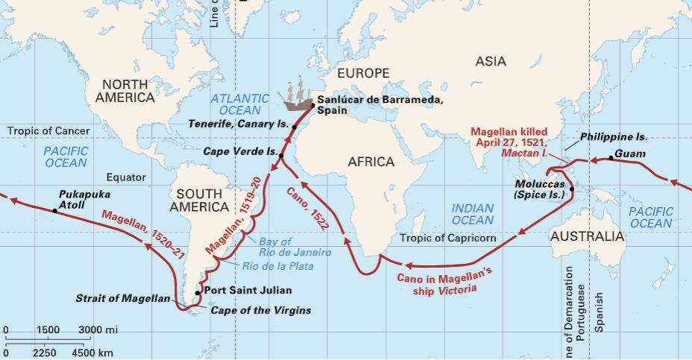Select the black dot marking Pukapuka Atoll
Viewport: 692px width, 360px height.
(x=54, y=211)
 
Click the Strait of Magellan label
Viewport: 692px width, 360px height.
(x=123, y=299)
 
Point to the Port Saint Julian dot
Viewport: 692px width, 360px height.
(x=198, y=292)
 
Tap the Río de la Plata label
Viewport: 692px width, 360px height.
(x=278, y=265)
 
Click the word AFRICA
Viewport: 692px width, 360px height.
(x=371, y=161)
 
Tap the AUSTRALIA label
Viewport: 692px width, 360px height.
(x=587, y=236)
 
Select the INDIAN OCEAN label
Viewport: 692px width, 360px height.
(x=472, y=214)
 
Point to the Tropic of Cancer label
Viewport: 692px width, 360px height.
(x=48, y=131)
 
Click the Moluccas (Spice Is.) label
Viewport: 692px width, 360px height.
(x=539, y=189)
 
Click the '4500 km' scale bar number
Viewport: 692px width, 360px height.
(x=93, y=352)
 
